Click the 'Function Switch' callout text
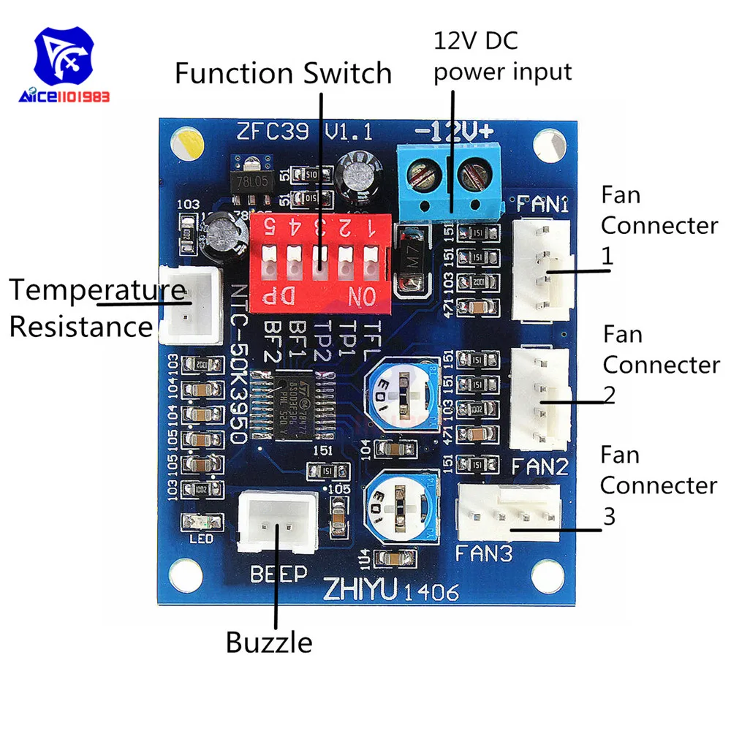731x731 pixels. coord(284,75)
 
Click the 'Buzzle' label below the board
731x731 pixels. coord(269,643)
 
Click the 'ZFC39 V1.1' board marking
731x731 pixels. coord(305,133)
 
